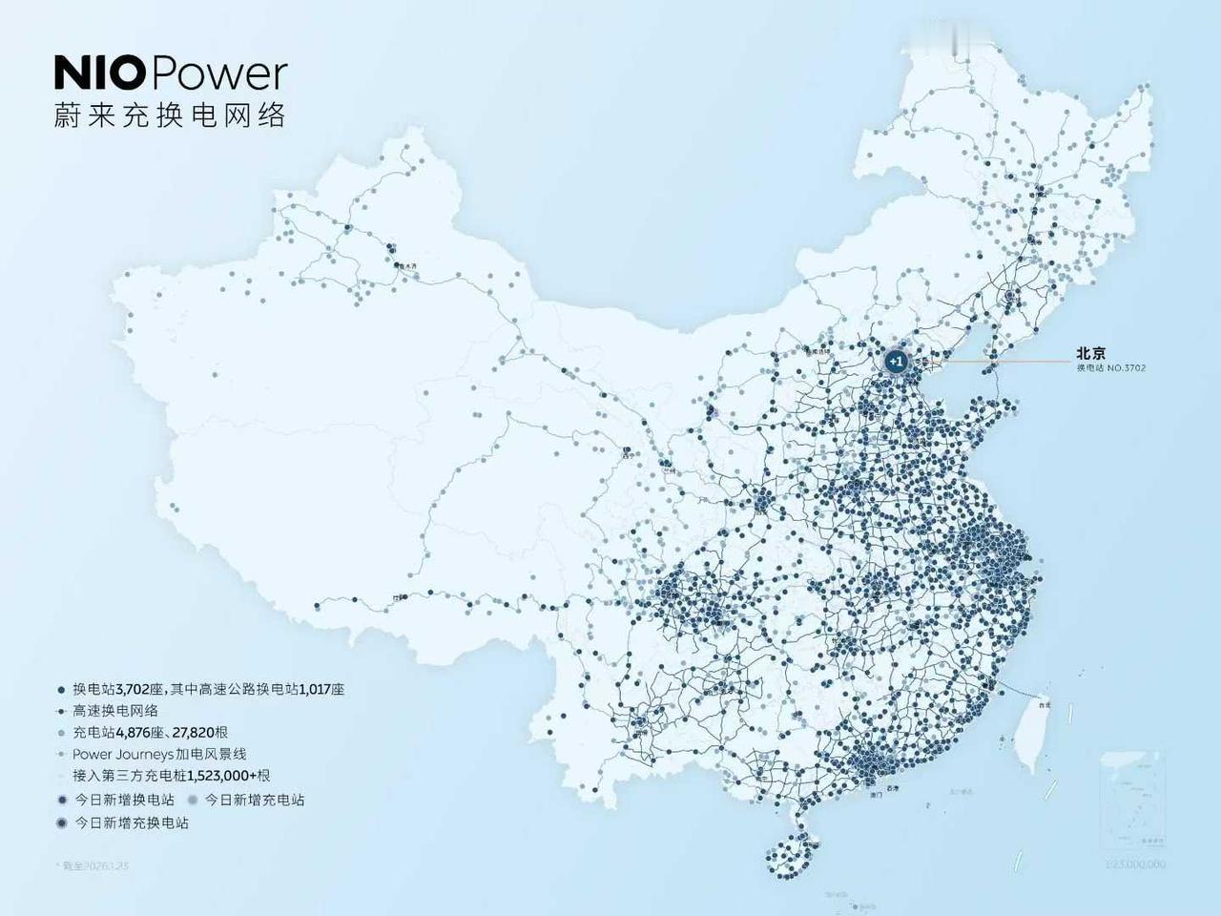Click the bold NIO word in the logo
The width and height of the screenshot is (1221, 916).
coord(100,74)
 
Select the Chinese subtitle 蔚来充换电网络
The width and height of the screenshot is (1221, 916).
coord(170,115)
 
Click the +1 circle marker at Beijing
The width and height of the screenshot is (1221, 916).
coord(895,362)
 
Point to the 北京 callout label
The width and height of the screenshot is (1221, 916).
coord(1090,353)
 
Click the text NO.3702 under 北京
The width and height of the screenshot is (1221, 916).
coord(1127,367)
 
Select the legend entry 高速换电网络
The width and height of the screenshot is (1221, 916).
coord(115,711)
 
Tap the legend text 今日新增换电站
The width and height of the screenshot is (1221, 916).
coord(124,800)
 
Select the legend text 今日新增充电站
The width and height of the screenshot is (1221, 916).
coord(255,800)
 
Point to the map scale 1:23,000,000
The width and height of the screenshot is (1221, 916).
coord(1135,864)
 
